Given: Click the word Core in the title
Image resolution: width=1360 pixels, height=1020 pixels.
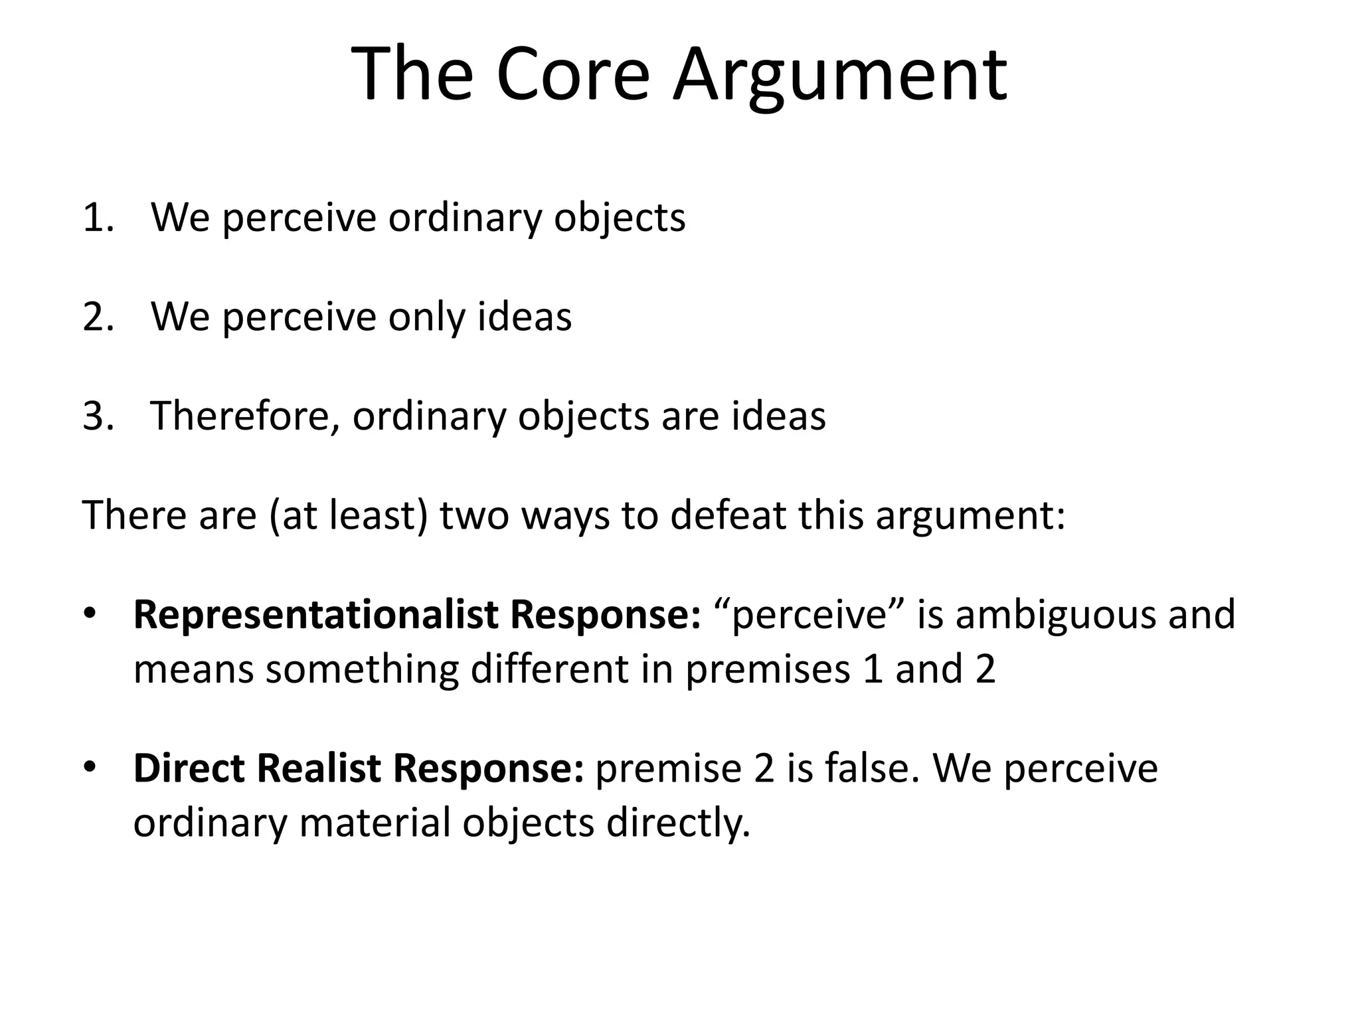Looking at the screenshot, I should coord(572,74).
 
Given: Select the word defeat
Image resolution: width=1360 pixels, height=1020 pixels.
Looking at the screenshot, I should coord(728,515).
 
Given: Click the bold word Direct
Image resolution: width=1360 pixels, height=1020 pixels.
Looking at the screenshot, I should coord(189,768).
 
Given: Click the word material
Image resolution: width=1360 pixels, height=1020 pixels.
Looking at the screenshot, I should coord(375,823).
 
